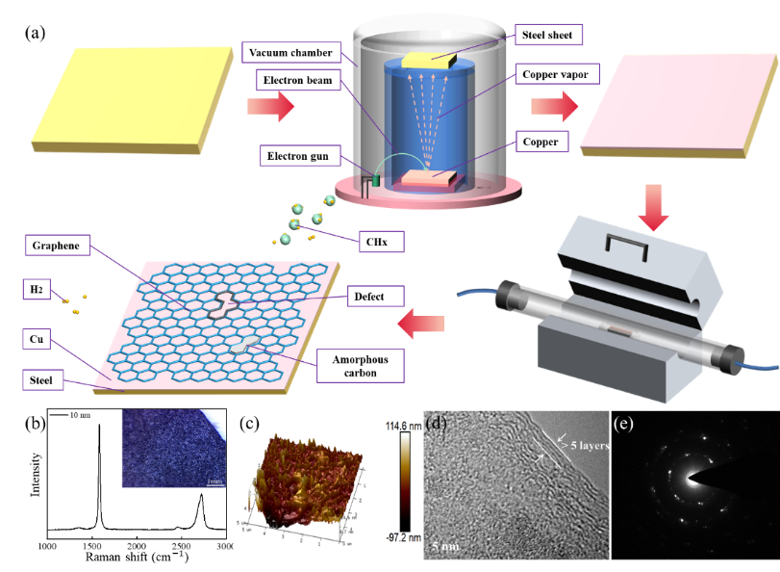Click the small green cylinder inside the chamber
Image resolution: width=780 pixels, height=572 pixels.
point(377,179)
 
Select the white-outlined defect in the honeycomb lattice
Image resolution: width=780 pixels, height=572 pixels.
point(224,303)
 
